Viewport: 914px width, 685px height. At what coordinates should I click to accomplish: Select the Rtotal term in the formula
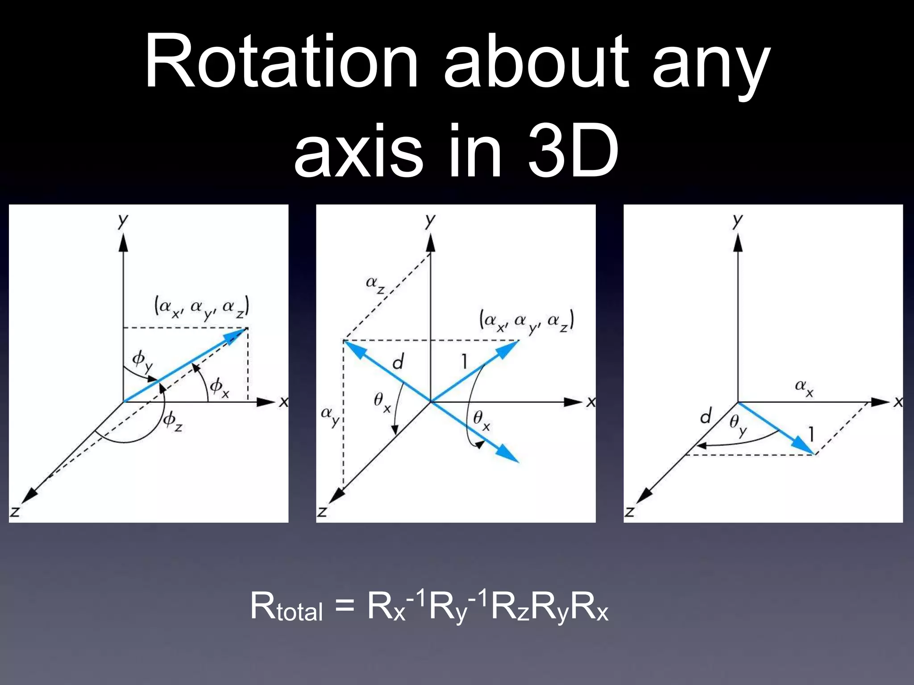click(x=286, y=607)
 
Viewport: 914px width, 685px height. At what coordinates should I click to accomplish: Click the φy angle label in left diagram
click(x=142, y=361)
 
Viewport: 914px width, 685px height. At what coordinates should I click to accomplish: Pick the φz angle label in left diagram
click(x=172, y=421)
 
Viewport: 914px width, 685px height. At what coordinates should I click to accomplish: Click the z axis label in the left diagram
click(x=15, y=511)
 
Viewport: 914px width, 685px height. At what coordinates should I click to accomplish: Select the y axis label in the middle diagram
click(x=430, y=220)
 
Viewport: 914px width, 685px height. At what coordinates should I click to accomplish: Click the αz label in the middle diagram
click(x=375, y=284)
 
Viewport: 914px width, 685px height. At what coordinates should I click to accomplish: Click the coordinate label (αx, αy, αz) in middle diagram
click(x=527, y=322)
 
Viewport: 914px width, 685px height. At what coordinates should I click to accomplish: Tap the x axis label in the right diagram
click(x=898, y=402)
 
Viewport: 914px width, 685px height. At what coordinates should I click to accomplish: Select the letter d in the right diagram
click(x=706, y=417)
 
